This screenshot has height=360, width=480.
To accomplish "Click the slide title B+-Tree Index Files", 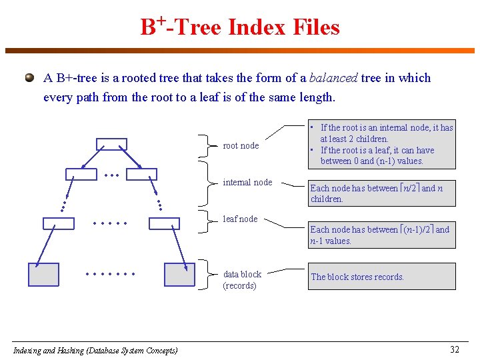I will point(240,27).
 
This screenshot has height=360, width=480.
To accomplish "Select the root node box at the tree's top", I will point(111,144).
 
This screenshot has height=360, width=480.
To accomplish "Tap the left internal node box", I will point(81,175).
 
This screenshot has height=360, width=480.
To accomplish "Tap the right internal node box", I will point(141,175).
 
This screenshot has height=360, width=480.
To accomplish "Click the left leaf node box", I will point(58,223).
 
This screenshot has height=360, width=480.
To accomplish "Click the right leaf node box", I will point(164,223).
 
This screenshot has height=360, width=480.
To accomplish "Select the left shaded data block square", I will point(43,275).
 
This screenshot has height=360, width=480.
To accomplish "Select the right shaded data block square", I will point(179,275).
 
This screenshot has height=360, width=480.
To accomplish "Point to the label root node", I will point(241,146).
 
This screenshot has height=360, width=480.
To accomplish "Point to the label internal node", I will point(247,183).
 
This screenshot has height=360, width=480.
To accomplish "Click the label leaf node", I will point(240,219).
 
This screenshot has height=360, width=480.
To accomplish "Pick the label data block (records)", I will point(241,280).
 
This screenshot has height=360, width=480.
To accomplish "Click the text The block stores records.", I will point(357,277).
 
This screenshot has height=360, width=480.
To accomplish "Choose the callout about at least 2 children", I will point(381,144).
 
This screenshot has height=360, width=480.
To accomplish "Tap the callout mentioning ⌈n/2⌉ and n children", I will point(381,193).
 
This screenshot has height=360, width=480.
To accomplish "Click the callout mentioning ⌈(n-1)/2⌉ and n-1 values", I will point(381,235).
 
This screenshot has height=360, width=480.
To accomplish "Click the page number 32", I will point(455,349).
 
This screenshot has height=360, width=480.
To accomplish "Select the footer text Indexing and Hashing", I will point(95,350).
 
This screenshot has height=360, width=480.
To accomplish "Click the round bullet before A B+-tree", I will point(29,78).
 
